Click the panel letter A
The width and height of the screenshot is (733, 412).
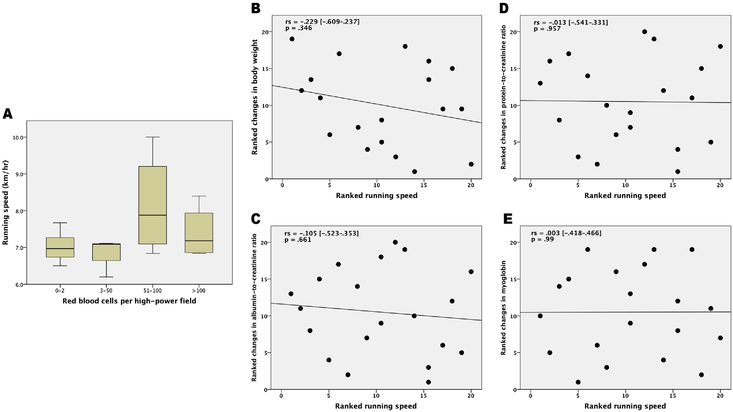(x=7, y=113)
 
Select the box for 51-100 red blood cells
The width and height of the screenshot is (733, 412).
(x=153, y=205)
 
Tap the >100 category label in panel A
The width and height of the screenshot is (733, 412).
(x=199, y=291)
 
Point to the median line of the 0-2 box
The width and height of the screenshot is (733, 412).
(x=60, y=249)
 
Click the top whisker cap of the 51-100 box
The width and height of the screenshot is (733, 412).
(x=153, y=137)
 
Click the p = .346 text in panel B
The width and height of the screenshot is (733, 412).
(x=299, y=28)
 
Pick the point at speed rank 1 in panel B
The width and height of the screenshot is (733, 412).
(x=292, y=39)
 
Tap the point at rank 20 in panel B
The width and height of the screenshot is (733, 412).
(x=471, y=164)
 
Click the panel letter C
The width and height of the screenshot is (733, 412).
(x=256, y=219)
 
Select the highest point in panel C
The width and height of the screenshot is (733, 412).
(x=395, y=242)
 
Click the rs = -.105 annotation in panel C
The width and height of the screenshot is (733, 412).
(x=322, y=233)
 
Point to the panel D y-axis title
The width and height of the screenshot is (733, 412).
(x=503, y=97)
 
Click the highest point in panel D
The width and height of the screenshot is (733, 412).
(x=644, y=32)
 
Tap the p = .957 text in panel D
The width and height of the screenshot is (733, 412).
(x=547, y=29)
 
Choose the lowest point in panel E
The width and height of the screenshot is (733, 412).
(x=578, y=382)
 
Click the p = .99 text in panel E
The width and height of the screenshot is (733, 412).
(x=542, y=240)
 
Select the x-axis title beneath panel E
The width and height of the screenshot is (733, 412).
(x=625, y=406)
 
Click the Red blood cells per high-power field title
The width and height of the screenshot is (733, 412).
(x=129, y=301)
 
